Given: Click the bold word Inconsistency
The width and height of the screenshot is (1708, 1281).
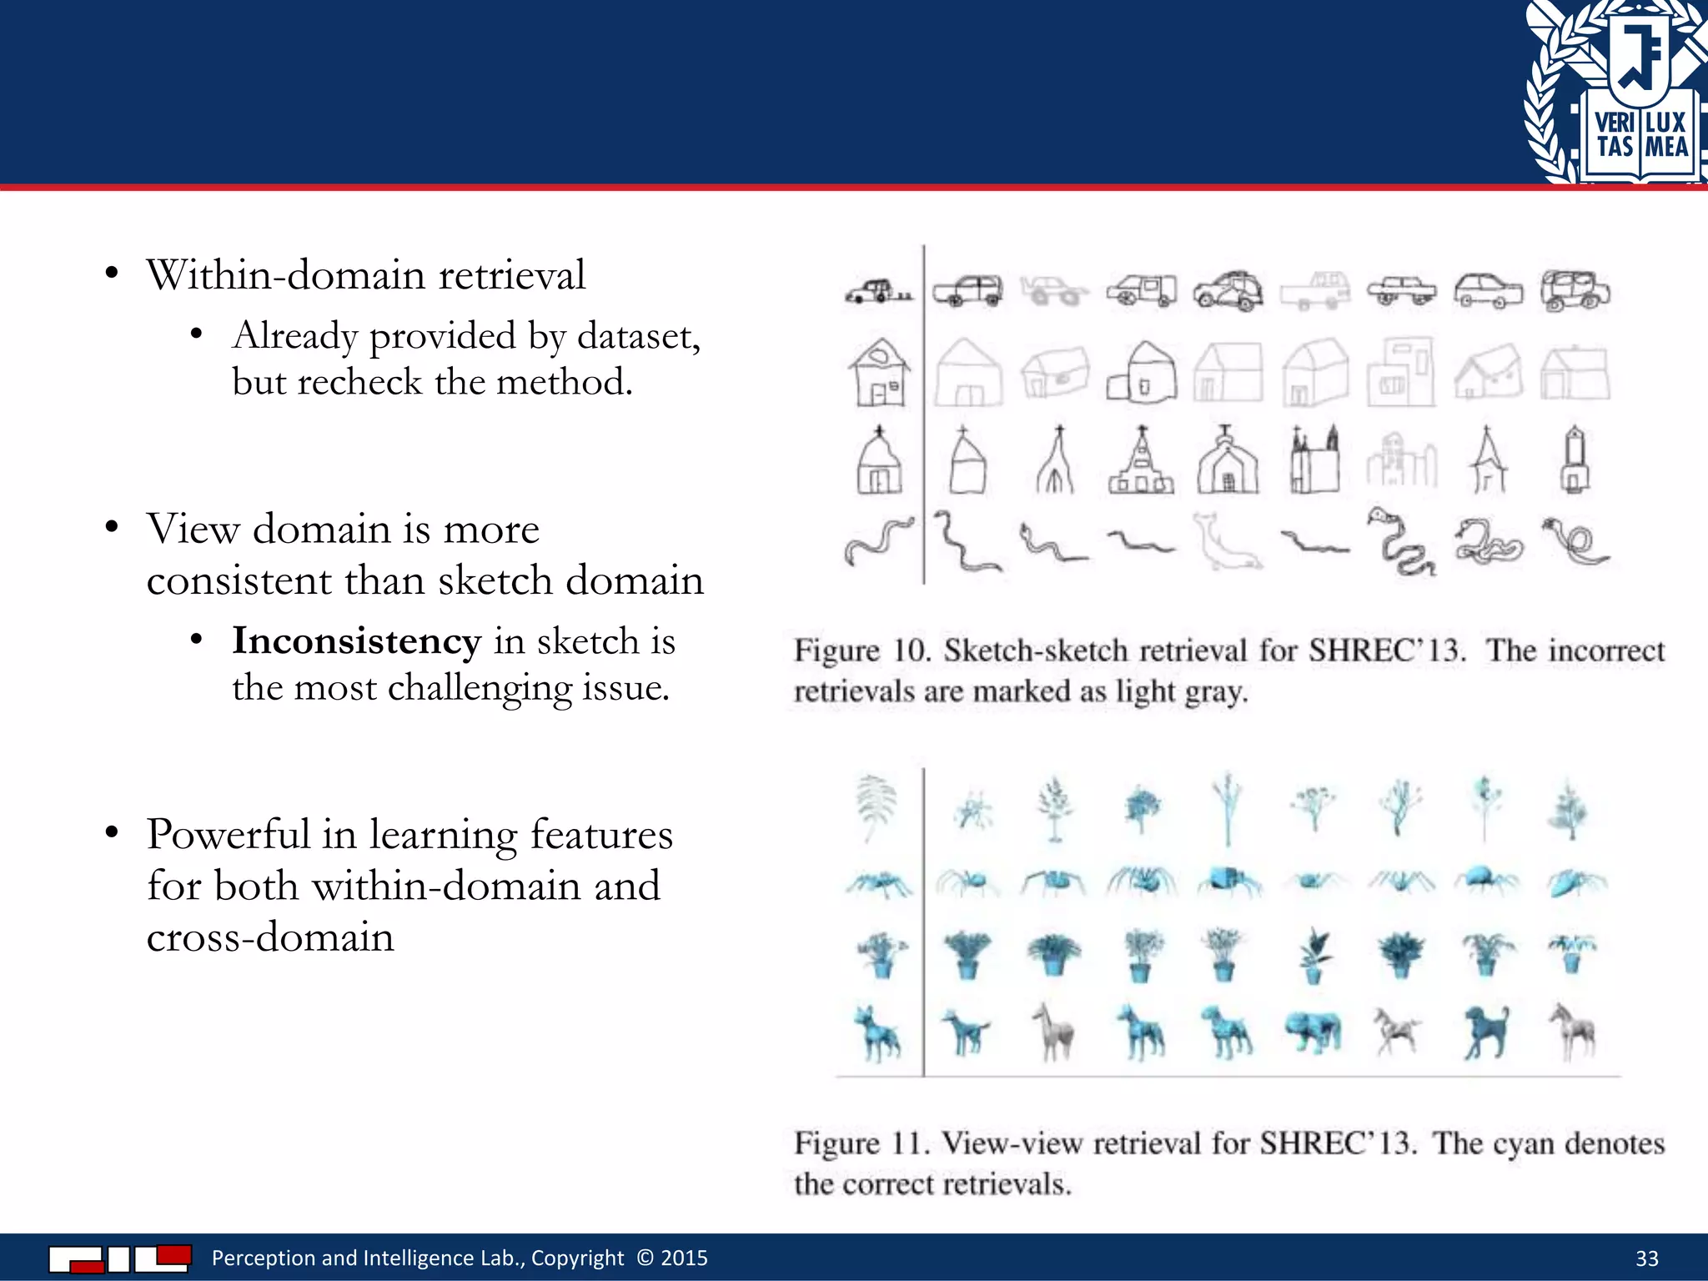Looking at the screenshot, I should click(x=356, y=641).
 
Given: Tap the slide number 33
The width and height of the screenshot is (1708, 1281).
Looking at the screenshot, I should click(x=1646, y=1258).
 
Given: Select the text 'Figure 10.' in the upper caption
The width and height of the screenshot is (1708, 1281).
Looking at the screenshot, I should click(x=862, y=651).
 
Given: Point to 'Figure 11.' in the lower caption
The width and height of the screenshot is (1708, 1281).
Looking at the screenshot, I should click(x=861, y=1143).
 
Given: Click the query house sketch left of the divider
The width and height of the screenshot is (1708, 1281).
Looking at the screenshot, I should click(x=879, y=373).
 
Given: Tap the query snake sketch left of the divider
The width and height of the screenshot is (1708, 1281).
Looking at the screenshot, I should click(x=878, y=540).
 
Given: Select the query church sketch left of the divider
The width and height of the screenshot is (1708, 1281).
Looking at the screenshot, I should click(x=879, y=460).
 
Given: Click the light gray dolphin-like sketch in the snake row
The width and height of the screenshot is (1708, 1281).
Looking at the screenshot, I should click(x=1226, y=542).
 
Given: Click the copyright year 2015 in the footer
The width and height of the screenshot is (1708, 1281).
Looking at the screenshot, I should click(x=684, y=1258).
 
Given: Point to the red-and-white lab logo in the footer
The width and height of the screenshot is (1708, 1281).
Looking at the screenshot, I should click(x=120, y=1258).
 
